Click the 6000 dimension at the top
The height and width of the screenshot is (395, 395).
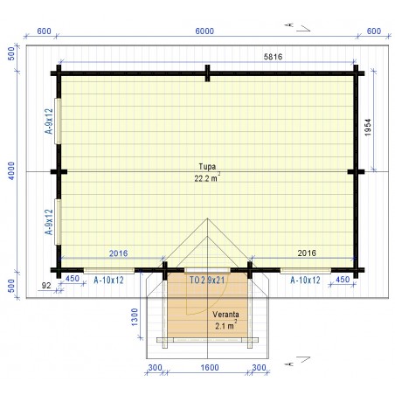[x=204, y=31]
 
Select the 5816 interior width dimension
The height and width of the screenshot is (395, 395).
[x=273, y=57]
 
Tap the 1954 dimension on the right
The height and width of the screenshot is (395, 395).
[x=368, y=128]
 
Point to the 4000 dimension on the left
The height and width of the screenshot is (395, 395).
[x=11, y=171]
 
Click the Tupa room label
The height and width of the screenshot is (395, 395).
[x=207, y=167]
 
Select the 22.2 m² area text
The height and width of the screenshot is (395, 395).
[x=207, y=177]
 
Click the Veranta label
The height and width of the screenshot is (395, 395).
[x=225, y=315]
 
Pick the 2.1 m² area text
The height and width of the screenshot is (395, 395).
[x=226, y=325]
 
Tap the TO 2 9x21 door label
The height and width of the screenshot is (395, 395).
[x=207, y=281]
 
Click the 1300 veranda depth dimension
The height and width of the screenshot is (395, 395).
[x=135, y=317]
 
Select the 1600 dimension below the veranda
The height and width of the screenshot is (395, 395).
[x=210, y=368]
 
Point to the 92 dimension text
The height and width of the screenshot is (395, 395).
[x=46, y=286]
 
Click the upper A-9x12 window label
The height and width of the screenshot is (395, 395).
[x=49, y=121]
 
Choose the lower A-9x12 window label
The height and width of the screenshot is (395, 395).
[x=49, y=222]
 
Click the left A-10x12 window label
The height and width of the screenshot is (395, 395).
[x=108, y=281]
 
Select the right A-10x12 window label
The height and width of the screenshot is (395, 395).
[x=305, y=281]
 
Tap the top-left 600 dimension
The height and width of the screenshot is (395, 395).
[x=45, y=31]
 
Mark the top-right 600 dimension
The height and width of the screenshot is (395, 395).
[x=374, y=31]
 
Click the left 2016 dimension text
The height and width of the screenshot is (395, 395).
[x=118, y=253]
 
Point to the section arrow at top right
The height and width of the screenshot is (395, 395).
[x=298, y=27]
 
